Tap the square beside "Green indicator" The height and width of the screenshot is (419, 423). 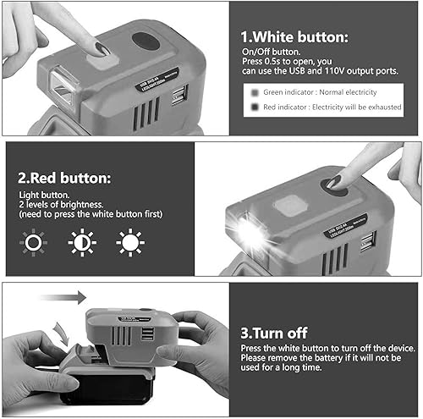point(255,91)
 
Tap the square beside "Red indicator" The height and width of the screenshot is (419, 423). point(255,108)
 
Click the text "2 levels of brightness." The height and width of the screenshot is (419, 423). point(71,206)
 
